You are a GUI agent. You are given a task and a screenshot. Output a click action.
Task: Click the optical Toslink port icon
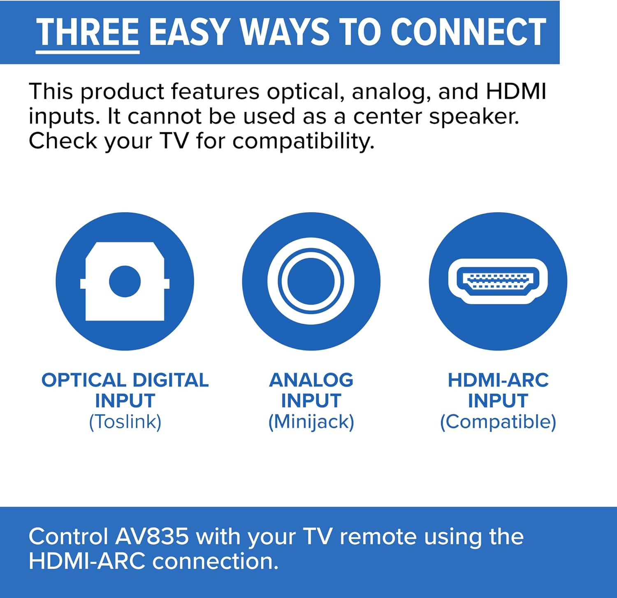(125, 281)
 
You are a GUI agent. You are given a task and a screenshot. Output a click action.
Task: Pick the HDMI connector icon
(498, 281)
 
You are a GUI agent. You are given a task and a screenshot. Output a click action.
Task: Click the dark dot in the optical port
(125, 281)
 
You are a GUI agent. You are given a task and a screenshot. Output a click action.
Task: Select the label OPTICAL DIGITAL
(125, 380)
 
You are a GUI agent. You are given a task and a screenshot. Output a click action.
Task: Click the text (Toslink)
(125, 422)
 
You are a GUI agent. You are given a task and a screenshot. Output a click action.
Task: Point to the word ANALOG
(311, 380)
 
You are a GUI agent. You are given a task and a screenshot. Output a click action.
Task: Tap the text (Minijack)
(311, 422)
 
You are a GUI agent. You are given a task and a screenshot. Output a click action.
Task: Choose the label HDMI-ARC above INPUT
(498, 380)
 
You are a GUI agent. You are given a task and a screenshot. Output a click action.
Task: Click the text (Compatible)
(498, 422)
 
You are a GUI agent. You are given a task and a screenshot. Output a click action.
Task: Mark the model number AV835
(152, 537)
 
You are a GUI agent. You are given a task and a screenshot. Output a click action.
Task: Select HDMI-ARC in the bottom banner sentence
(87, 561)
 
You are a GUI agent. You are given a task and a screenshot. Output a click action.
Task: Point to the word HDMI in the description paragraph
(516, 91)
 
